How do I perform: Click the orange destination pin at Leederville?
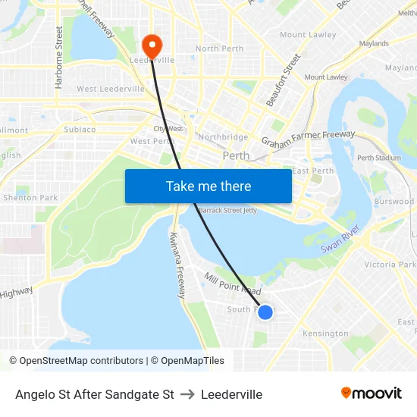coord(152,45)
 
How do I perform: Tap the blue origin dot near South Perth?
coord(265,312)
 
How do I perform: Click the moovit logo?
coord(372,393)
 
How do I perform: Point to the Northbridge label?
coord(223,137)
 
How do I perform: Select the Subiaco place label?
coord(80,129)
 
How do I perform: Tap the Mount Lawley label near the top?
coord(308,35)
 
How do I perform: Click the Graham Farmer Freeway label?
coord(308,139)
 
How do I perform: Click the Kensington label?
coord(325,334)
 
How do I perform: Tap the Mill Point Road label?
coord(232,284)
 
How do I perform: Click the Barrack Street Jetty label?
coord(227,210)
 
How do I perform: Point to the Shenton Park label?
coord(30,198)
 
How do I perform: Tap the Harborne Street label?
coord(59,57)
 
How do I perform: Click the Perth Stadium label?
coord(378,158)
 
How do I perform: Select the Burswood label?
coord(394,202)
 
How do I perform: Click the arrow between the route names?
coord(187,394)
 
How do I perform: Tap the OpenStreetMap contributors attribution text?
coord(81,361)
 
